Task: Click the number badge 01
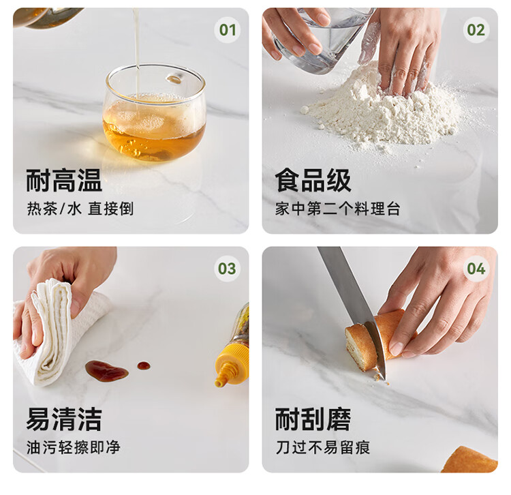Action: coord(227,30)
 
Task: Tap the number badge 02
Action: coord(476,30)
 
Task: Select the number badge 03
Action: coord(227,269)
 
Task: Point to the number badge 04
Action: coord(476,269)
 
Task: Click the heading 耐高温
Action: coord(64,180)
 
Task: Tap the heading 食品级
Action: coord(313,180)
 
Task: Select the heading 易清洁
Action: coord(64,419)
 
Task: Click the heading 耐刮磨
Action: coord(313,419)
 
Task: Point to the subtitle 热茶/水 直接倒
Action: coord(80,209)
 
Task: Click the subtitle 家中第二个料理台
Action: coord(338,209)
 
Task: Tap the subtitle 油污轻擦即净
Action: coord(74,447)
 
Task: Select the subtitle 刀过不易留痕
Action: coord(323,447)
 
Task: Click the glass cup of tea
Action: coord(154,112)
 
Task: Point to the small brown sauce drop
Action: coord(143,365)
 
